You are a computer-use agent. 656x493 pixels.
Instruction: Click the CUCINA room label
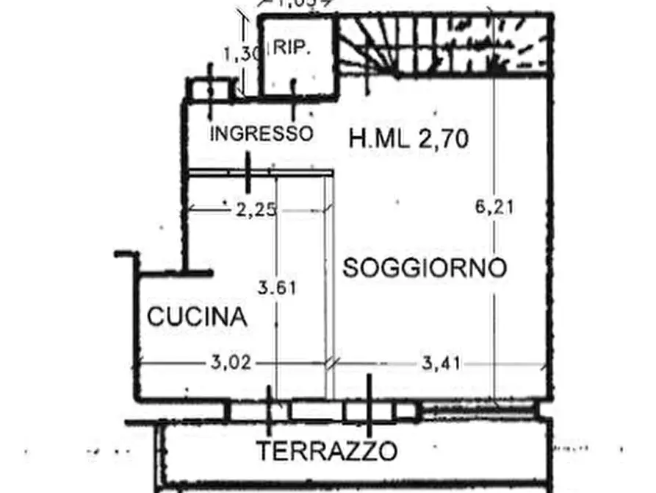(x=196, y=317)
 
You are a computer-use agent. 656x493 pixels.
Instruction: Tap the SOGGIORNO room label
(x=425, y=268)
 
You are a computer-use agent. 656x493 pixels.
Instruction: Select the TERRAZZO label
(x=326, y=450)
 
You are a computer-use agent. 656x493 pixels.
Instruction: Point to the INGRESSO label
(x=262, y=134)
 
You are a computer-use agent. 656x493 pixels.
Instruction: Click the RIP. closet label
(x=292, y=49)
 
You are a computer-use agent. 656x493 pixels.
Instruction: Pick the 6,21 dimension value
(x=495, y=208)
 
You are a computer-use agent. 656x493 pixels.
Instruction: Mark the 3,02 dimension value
(x=232, y=362)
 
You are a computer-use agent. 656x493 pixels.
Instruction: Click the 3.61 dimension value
(x=277, y=288)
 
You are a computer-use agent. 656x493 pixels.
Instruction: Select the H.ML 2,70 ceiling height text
(x=408, y=138)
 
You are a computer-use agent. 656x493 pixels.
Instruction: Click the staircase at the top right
(x=443, y=44)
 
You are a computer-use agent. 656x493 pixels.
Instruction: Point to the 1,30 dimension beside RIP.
(x=237, y=53)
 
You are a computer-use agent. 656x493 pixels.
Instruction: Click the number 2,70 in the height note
(x=444, y=138)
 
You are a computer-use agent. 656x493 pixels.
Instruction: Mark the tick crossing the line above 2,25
(x=248, y=174)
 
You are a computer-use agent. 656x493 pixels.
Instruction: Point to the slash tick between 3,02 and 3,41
(x=333, y=363)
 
